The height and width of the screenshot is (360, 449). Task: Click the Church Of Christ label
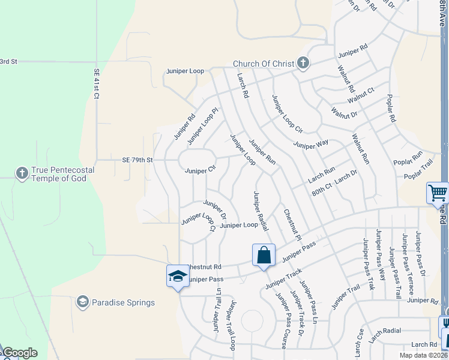click(264, 64)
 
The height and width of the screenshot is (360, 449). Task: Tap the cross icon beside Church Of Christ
click(303, 62)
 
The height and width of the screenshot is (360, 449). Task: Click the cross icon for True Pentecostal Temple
click(22, 173)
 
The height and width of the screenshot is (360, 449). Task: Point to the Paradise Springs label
click(123, 302)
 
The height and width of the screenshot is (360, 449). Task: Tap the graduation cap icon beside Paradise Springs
click(83, 301)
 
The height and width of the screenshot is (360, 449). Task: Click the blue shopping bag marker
click(264, 256)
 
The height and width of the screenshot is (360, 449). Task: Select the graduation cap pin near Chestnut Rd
click(178, 276)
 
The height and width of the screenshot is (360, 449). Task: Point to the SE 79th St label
click(138, 160)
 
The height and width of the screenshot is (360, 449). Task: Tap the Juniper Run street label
click(262, 153)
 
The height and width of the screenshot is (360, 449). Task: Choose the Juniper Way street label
click(311, 144)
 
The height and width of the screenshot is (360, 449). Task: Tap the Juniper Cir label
click(200, 170)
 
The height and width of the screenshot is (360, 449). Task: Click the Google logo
click(20, 353)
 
